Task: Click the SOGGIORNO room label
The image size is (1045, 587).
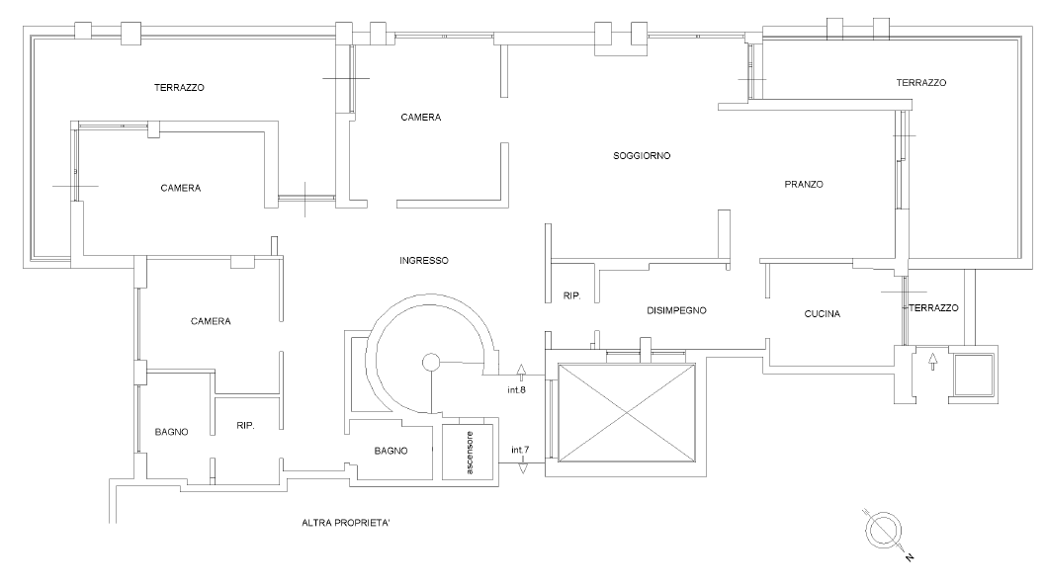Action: tap(643, 156)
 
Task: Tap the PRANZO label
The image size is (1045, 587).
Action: tap(804, 184)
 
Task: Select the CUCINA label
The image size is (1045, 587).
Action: tap(822, 314)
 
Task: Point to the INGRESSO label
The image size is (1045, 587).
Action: tap(424, 261)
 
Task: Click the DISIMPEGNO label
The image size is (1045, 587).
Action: tap(676, 310)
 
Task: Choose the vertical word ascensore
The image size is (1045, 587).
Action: tap(471, 454)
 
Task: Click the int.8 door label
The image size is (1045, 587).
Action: tap(516, 390)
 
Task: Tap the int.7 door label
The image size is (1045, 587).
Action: tap(520, 451)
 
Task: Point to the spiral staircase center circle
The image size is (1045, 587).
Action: tap(431, 363)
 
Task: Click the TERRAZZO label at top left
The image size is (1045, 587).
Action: tap(179, 87)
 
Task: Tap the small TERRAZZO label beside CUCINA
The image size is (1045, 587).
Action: tap(933, 308)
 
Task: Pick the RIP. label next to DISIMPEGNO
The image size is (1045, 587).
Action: tap(571, 295)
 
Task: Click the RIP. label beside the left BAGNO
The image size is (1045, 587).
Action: tap(246, 426)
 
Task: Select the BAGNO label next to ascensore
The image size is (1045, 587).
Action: tap(392, 451)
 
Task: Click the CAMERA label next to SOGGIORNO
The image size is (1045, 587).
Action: tap(421, 118)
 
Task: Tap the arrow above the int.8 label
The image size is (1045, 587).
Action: tap(522, 373)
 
